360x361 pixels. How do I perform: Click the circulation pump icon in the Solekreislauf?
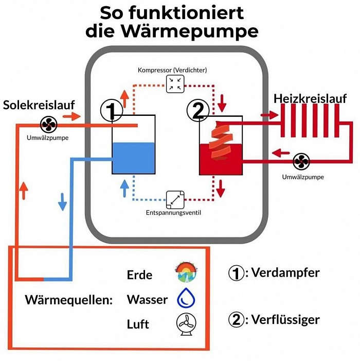[50, 124]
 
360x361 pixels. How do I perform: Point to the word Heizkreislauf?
[310, 98]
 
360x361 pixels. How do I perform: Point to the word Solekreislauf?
[39, 105]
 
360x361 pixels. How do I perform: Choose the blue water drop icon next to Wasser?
[183, 299]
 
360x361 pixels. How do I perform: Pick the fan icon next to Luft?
[183, 324]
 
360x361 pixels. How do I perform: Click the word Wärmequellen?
[68, 300]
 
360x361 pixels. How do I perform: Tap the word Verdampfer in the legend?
[286, 272]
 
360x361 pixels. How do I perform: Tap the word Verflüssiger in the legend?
[285, 319]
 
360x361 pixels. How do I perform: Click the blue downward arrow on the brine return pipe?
[63, 201]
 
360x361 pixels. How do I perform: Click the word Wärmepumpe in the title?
[172, 31]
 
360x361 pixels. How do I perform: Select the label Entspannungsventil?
[173, 212]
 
